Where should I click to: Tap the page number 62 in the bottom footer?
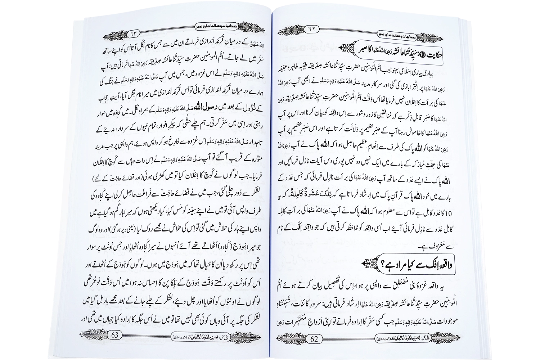tap(314, 338)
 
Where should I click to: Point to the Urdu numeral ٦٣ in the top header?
tap(133, 34)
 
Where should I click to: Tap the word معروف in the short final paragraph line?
tap(449, 248)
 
